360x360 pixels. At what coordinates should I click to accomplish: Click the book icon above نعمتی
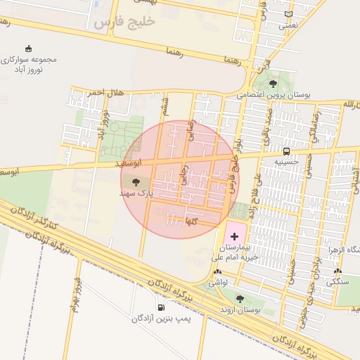click(288, 14)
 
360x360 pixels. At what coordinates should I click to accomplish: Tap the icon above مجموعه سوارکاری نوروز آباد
click(28, 49)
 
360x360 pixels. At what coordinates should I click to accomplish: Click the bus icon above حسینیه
click(286, 151)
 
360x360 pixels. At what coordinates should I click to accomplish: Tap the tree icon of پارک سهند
click(136, 181)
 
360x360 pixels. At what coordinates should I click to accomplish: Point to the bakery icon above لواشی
click(217, 272)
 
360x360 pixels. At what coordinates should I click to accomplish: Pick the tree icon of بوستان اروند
click(240, 299)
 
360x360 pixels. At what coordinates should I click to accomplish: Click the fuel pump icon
click(162, 307)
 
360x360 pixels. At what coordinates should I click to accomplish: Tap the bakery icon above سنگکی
click(338, 272)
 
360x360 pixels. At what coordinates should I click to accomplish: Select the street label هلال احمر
click(86, 92)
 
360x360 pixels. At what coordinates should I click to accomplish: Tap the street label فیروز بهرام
click(75, 294)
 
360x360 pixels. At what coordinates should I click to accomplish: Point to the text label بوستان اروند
click(236, 309)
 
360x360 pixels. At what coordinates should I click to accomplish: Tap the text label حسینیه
click(286, 161)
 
